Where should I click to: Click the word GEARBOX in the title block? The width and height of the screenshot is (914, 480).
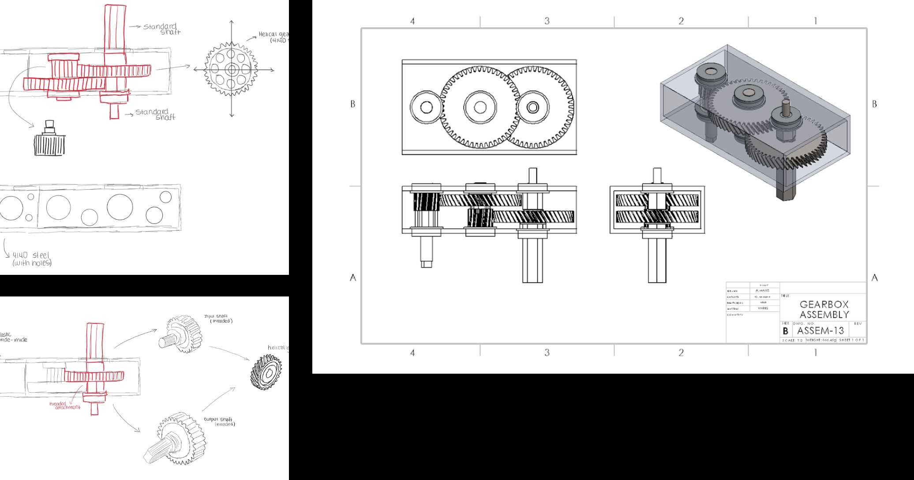coord(824,304)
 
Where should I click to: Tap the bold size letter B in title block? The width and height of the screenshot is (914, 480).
coord(785,331)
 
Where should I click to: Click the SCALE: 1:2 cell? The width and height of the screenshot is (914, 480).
coord(792,341)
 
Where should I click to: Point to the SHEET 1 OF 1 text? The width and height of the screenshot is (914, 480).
coord(852,341)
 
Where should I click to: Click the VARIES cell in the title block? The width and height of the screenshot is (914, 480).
coord(763,308)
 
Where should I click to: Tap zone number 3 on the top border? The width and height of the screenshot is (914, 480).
coord(547,21)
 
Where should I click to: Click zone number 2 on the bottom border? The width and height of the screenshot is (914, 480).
coord(681,352)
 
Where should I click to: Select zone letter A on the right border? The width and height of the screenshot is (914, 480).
coord(875,277)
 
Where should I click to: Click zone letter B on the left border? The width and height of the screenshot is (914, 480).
coord(352,104)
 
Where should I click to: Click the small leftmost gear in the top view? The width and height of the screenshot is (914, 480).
coord(426,107)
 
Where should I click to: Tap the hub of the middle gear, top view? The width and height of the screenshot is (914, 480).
coord(480,107)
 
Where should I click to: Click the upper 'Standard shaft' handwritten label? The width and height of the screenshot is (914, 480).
coord(161,29)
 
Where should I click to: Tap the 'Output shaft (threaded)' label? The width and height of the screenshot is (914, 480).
coord(220,422)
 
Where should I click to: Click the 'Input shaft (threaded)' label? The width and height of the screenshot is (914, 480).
coord(218,319)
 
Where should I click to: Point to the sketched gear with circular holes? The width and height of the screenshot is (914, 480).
coord(232,70)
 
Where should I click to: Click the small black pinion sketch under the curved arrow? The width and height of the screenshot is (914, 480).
coord(49,141)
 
